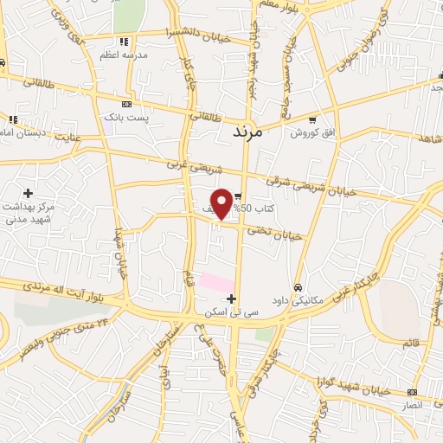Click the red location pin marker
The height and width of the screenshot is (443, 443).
click(222, 203)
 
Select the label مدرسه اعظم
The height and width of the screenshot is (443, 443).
click(124, 54)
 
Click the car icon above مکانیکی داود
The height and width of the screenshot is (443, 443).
click(298, 287)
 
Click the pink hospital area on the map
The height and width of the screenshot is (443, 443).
click(216, 282)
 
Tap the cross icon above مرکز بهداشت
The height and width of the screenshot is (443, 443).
click(29, 192)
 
